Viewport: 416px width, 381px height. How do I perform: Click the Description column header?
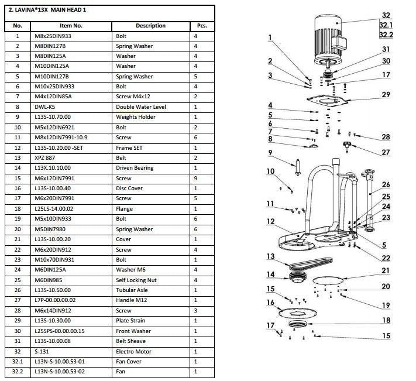(150, 26)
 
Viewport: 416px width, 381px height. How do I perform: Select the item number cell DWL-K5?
(44, 107)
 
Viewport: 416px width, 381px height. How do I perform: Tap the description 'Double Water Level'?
(141, 107)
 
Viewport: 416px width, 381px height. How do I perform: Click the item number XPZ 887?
(44, 158)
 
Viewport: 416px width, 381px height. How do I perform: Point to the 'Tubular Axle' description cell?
(132, 290)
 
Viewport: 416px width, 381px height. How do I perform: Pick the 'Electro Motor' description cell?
(133, 352)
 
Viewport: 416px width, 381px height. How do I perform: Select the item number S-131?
(42, 352)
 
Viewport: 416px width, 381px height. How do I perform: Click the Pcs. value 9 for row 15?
(195, 179)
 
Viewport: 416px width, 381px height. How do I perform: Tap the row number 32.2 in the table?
(18, 372)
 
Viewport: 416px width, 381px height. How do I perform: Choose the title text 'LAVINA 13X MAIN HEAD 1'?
(47, 10)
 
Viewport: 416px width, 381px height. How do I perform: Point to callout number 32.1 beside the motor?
(386, 25)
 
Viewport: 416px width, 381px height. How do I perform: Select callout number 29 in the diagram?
(386, 94)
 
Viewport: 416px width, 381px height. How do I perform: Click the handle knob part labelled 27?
(347, 146)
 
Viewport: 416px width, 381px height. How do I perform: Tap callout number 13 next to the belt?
(271, 256)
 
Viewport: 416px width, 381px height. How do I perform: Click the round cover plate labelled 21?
(328, 280)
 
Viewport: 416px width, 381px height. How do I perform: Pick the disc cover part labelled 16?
(298, 313)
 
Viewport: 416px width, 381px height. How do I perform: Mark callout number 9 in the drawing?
(270, 153)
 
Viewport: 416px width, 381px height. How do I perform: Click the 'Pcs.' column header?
(202, 26)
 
